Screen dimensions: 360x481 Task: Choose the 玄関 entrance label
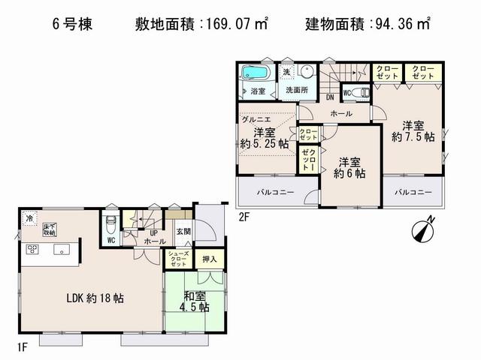click(x=183, y=232)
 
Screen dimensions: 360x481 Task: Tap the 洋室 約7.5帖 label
click(x=413, y=131)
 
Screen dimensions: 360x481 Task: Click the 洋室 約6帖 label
click(x=349, y=166)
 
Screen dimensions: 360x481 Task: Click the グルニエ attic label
click(x=256, y=118)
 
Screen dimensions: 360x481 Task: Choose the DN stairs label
click(x=330, y=97)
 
